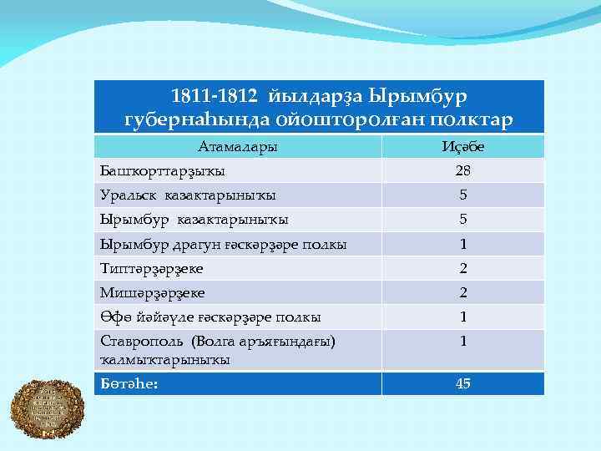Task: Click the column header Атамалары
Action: click(237, 147)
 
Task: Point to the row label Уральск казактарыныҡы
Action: click(188, 195)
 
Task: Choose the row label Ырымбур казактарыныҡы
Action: click(194, 220)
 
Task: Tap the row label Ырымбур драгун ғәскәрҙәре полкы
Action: click(223, 245)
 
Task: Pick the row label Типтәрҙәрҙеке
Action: click(151, 269)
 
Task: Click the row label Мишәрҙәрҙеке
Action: click(152, 293)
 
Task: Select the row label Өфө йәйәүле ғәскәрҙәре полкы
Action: click(210, 317)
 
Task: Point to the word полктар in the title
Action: click(467, 119)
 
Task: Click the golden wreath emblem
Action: click(47, 408)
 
